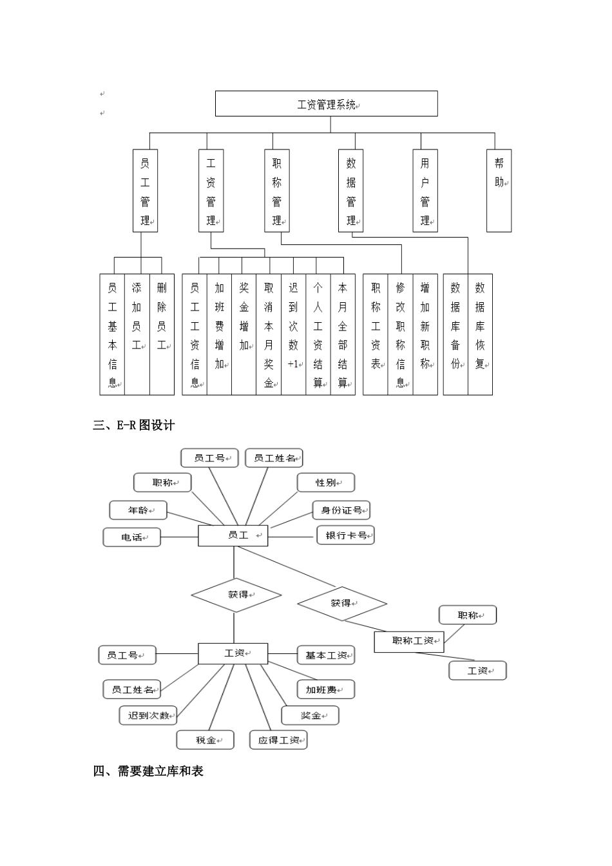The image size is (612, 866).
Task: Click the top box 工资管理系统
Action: coord(326,104)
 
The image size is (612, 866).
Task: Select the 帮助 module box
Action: coord(499,191)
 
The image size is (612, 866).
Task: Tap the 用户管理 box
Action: coord(425,191)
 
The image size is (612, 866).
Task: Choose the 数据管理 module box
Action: coord(351,191)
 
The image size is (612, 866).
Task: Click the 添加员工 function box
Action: coord(137,334)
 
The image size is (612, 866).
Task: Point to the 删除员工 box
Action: coord(162,334)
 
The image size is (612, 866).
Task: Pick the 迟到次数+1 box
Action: coord(293,334)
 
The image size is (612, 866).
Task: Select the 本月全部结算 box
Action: coord(343,334)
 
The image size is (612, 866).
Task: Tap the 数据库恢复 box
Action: coord(480,334)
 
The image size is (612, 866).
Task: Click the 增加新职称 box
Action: coord(425,334)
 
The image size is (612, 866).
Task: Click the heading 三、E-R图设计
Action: coord(134,425)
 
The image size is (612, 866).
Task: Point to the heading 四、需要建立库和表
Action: coord(148,771)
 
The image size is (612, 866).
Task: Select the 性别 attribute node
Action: coord(326,483)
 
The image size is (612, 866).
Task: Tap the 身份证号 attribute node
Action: coord(341,510)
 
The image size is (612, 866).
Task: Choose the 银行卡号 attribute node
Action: coord(346,535)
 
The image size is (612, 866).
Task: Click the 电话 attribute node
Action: coord(132,537)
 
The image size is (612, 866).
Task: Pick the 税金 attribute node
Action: coord(206,740)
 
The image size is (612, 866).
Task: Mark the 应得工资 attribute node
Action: coord(278,740)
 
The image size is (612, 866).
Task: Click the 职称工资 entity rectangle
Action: coord(409,642)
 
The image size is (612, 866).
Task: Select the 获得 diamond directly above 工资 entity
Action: coord(236,595)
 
